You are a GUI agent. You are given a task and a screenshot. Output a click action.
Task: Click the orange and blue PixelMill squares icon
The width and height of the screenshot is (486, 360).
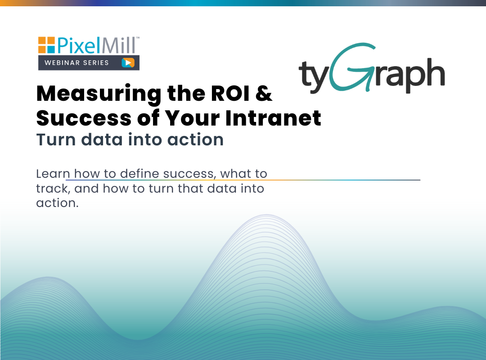tap(46, 45)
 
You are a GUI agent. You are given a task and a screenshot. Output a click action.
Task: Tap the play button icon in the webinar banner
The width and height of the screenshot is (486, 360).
tap(128, 63)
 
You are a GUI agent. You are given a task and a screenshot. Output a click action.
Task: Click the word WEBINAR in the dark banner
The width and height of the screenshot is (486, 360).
tap(62, 63)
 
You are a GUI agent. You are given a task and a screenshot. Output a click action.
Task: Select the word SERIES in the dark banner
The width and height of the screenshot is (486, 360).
tap(95, 63)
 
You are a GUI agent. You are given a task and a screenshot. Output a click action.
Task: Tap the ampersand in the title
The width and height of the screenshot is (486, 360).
tap(264, 93)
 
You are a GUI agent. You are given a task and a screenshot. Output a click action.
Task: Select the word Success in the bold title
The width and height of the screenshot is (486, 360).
tap(84, 118)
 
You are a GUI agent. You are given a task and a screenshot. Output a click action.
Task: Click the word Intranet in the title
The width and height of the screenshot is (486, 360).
tap(273, 118)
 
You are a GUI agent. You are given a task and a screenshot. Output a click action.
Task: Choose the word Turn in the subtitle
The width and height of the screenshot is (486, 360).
tap(56, 139)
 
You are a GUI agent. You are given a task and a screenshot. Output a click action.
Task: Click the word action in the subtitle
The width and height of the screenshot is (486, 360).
tap(196, 140)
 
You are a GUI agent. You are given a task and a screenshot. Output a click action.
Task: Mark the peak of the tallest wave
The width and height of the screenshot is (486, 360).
tap(266, 215)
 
